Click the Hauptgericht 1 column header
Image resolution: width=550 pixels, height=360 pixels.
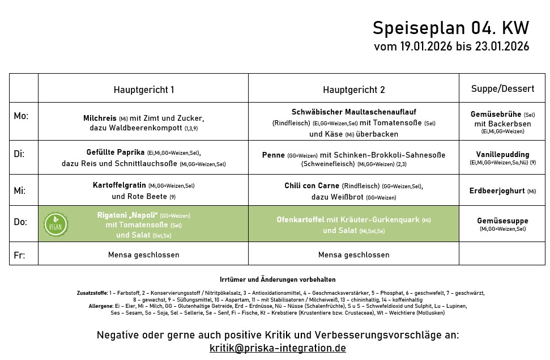point(144,90)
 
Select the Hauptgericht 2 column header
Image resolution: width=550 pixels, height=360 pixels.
point(353,90)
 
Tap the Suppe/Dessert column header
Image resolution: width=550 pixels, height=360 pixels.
point(502,89)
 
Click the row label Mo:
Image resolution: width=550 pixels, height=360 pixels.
point(21,116)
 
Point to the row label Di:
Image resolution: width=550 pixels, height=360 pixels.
point(19,154)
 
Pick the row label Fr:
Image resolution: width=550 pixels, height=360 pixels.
point(19,255)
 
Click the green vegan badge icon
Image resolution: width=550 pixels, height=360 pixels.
point(56,224)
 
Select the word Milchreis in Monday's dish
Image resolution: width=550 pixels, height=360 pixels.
point(100,118)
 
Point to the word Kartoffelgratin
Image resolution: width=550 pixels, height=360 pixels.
point(120,185)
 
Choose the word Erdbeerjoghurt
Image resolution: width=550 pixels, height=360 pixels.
point(497,191)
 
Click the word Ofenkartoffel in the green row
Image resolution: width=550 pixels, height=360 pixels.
point(300,220)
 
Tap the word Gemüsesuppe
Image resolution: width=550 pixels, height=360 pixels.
point(502,221)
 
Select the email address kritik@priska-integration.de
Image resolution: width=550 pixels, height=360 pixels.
point(278,348)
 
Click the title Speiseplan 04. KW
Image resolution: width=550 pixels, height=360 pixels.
point(450,28)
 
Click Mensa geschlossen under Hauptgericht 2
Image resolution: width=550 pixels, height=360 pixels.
point(353,255)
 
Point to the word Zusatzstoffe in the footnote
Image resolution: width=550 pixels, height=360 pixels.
point(92,293)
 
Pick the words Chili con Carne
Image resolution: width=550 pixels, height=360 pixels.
point(312,186)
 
